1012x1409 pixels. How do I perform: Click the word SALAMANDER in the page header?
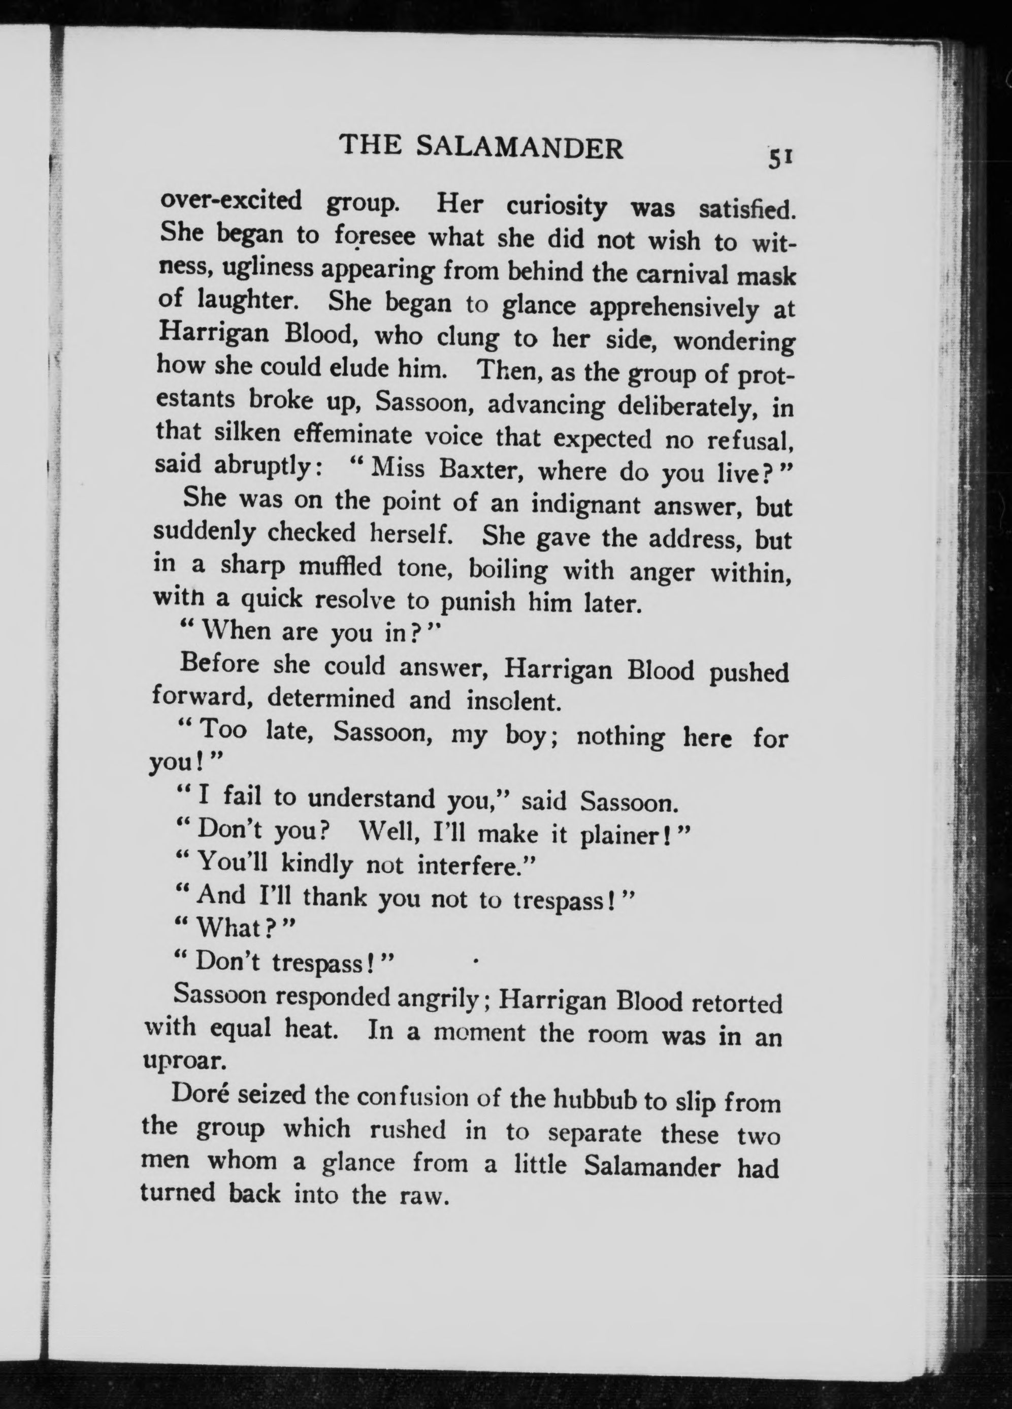519,149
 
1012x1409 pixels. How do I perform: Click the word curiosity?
556,207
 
